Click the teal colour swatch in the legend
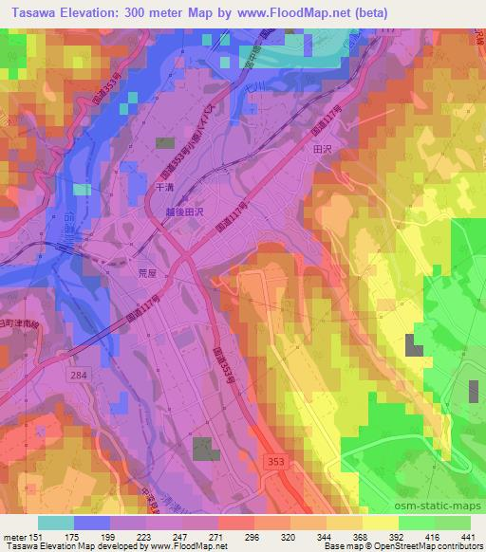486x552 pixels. coord(56,523)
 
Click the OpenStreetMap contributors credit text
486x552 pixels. coord(426,545)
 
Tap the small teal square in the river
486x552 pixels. coord(84,190)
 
